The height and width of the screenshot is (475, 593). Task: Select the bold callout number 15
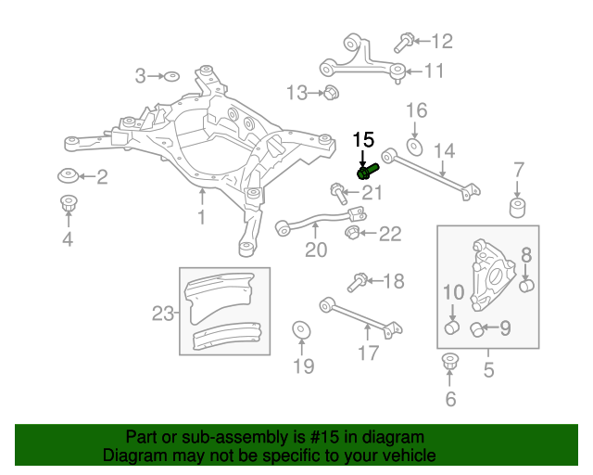[362, 140]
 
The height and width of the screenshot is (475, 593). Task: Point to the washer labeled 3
[171, 75]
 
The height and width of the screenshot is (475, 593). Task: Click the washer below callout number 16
[415, 147]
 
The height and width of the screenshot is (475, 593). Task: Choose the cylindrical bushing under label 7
[520, 204]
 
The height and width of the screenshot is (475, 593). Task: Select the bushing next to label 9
[478, 327]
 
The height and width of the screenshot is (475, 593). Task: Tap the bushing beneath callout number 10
[451, 327]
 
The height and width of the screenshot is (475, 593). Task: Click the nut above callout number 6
[451, 361]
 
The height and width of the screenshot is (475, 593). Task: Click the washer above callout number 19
[302, 330]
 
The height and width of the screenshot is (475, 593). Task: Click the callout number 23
[162, 314]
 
